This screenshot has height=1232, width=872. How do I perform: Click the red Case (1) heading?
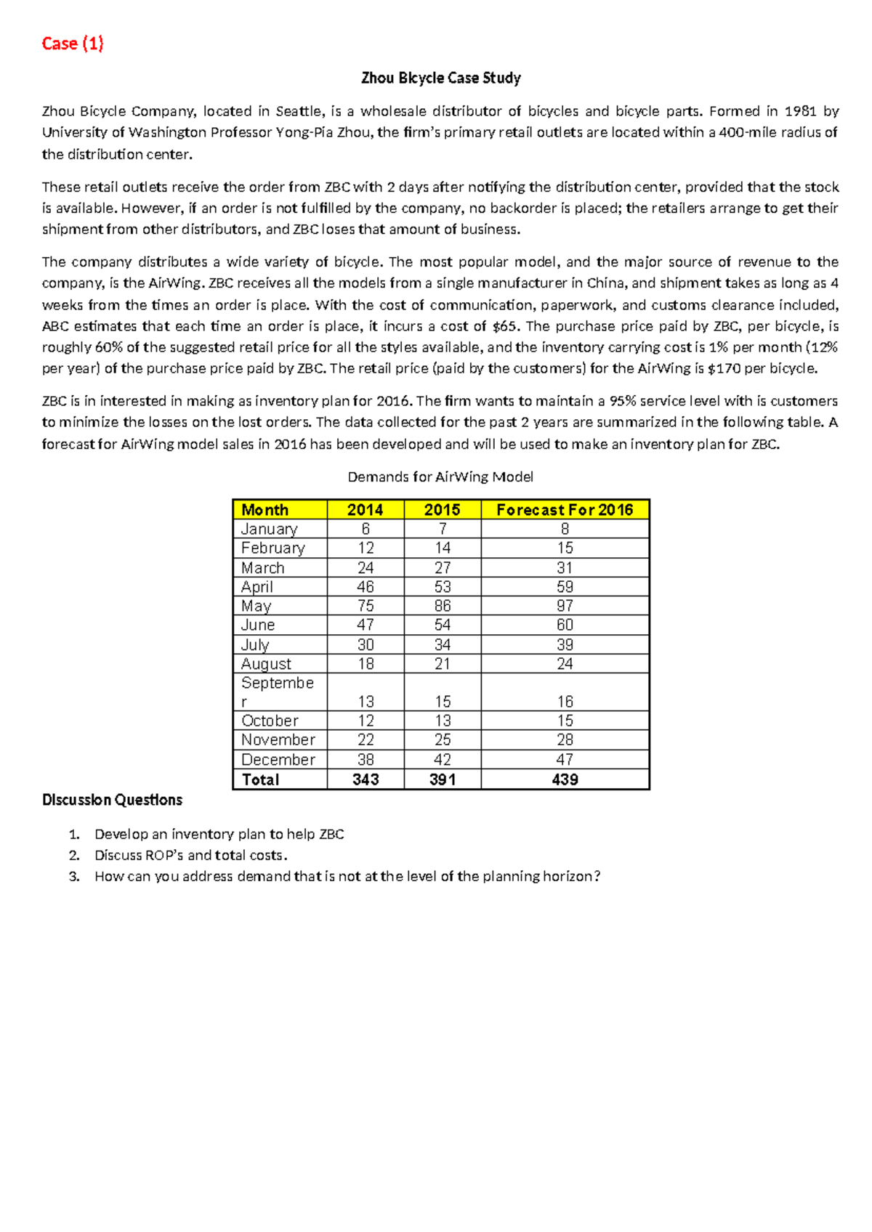pyautogui.click(x=73, y=44)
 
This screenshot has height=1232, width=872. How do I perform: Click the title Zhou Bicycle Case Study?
pyautogui.click(x=440, y=78)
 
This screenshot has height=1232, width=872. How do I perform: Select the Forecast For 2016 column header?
pyautogui.click(x=565, y=510)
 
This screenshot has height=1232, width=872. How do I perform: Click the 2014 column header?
pyautogui.click(x=365, y=510)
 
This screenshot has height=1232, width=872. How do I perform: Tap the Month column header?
pyautogui.click(x=265, y=510)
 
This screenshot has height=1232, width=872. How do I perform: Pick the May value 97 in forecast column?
pyautogui.click(x=565, y=606)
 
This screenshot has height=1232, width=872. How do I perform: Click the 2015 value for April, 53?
pyautogui.click(x=442, y=587)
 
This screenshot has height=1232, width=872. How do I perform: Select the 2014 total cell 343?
pyautogui.click(x=366, y=779)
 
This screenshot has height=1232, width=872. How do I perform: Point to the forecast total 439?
pyautogui.click(x=565, y=779)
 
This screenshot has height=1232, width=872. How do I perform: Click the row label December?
pyautogui.click(x=278, y=760)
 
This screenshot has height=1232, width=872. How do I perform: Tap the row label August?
pyautogui.click(x=266, y=664)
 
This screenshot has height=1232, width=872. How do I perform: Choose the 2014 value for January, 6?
pyautogui.click(x=366, y=529)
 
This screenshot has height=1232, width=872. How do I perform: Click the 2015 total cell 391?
pyautogui.click(x=442, y=779)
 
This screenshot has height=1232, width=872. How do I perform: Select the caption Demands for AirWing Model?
pyautogui.click(x=440, y=477)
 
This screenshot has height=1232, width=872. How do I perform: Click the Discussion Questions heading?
pyautogui.click(x=112, y=800)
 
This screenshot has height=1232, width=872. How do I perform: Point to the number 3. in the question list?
pyautogui.click(x=74, y=877)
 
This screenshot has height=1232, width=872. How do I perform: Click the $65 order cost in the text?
pyautogui.click(x=504, y=326)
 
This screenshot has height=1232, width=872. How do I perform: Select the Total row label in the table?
pyautogui.click(x=260, y=779)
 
